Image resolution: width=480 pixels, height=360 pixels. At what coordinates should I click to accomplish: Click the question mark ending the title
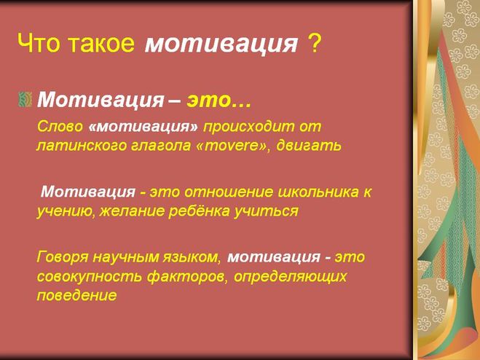tap(313, 42)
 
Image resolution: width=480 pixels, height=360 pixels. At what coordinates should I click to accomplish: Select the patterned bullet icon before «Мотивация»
tap(25, 99)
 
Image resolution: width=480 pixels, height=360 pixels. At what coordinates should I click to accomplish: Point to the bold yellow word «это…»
tap(219, 100)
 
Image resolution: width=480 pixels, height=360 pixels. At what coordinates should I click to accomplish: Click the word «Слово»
tap(60, 126)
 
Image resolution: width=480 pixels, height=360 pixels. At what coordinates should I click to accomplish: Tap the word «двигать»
tap(309, 146)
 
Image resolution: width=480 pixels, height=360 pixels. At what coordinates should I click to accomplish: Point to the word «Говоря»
tap(63, 257)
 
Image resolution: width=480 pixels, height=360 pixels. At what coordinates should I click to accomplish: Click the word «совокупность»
tap(90, 277)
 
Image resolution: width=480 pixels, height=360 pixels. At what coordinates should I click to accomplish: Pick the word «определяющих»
tap(290, 277)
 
